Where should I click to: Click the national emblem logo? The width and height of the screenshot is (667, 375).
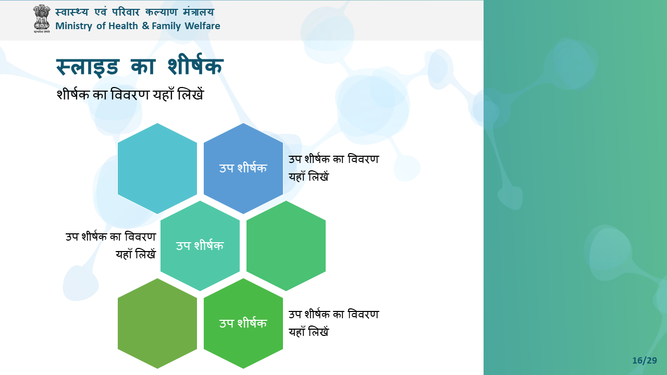(42, 18)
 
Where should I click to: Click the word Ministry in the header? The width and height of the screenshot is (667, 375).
(73, 26)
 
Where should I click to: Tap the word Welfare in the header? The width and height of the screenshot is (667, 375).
(202, 26)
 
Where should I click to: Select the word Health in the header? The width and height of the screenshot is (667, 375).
(123, 26)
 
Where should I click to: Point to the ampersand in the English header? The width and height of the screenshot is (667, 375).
(145, 26)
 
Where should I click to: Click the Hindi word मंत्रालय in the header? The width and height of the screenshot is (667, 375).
(199, 12)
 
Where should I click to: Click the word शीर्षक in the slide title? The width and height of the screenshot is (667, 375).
(195, 65)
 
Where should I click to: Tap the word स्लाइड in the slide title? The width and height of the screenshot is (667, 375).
(88, 67)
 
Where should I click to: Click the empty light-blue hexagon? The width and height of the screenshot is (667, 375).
(157, 168)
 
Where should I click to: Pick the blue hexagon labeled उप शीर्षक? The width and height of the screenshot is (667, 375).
(243, 168)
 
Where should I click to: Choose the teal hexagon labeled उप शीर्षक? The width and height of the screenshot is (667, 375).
(200, 246)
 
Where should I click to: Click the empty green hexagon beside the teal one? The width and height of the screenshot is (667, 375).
(286, 246)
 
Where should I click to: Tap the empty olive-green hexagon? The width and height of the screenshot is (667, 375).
(157, 323)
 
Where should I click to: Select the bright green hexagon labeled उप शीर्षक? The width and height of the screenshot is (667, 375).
(243, 323)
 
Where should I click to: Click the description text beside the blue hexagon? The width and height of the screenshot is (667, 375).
(333, 168)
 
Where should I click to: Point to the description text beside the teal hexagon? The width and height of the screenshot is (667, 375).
(111, 246)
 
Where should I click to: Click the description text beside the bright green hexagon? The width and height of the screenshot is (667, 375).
(333, 323)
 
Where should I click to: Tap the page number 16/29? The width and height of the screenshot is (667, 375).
(645, 360)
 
